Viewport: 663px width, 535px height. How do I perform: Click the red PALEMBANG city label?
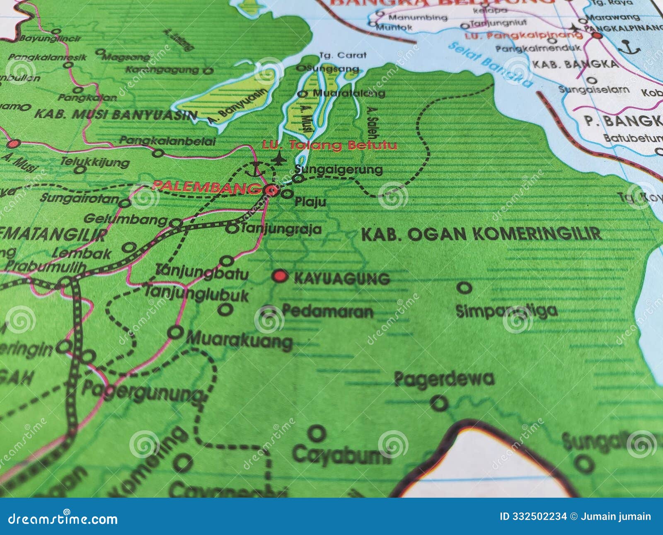(x=205, y=186)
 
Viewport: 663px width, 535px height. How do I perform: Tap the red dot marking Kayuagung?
(x=281, y=276)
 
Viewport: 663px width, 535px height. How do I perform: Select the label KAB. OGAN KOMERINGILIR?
(x=481, y=234)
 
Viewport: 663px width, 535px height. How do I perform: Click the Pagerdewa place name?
(x=444, y=379)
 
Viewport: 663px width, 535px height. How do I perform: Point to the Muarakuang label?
(x=239, y=341)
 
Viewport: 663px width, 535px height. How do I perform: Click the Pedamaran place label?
(x=327, y=311)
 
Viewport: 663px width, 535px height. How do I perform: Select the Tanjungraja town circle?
(x=232, y=228)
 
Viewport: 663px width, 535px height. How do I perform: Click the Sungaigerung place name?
(x=339, y=169)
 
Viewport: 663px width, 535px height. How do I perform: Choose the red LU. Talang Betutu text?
(x=329, y=145)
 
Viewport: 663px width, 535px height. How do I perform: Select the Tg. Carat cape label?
(x=343, y=55)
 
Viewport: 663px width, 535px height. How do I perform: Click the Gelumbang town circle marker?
(x=177, y=224)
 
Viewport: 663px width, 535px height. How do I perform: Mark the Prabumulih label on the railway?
(x=45, y=267)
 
